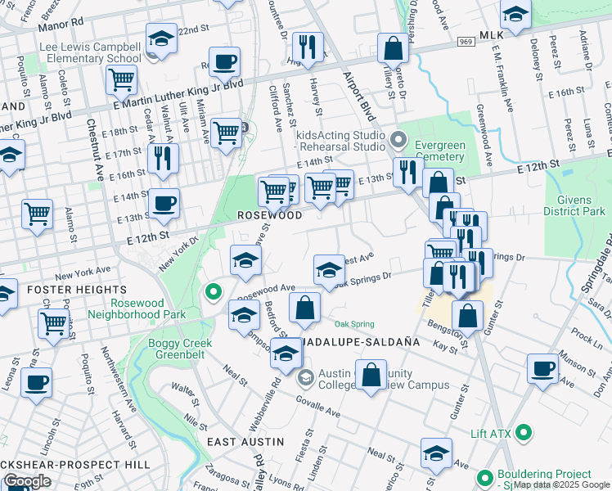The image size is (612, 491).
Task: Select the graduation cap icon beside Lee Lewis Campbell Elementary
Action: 161,38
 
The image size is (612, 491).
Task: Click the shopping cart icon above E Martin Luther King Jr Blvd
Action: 121,80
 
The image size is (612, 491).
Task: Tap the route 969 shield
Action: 466,41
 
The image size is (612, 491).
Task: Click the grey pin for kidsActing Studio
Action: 398,137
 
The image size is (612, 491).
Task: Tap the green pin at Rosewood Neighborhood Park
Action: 213,291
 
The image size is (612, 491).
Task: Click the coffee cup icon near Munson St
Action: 542,367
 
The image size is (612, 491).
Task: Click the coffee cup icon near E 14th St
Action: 164,202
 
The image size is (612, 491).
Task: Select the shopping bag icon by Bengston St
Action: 467,314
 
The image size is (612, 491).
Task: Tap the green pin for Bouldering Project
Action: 484,476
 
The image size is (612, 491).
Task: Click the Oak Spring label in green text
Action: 353,324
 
